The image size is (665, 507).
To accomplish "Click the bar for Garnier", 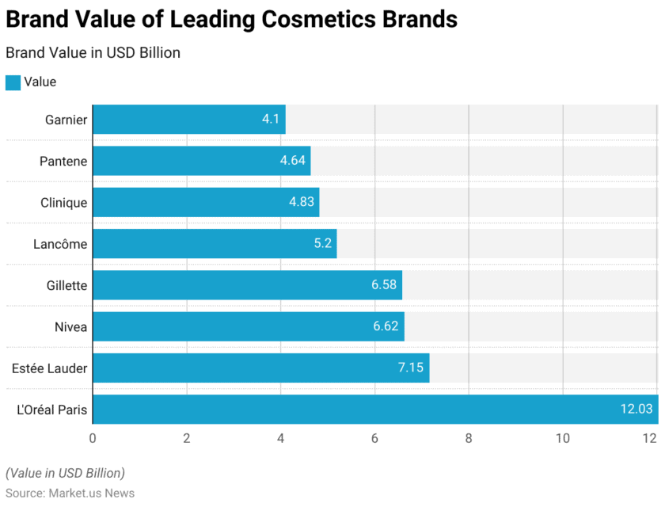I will pos(188,120).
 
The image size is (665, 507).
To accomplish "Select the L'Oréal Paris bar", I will pos(375,410).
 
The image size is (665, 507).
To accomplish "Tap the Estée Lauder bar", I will pos(260,368).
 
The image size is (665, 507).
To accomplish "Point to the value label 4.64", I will pos(293,161).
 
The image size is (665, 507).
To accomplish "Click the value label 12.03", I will pos(636,410).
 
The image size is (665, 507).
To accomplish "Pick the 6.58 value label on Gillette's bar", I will pos(384,285).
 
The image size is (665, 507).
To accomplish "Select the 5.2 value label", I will pos(322,244).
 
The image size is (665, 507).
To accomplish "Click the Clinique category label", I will pos(63,203).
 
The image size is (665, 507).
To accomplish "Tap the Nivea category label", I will pos(70,326).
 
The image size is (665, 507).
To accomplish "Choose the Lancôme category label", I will pos(60,244).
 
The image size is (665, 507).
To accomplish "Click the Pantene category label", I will pos(63,162).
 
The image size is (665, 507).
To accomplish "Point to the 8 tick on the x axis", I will pos(469,438).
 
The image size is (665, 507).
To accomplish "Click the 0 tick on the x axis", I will pos(93,438).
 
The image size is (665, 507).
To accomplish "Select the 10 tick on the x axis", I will pos(563,438).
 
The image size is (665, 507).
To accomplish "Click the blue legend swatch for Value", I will pos(13,82).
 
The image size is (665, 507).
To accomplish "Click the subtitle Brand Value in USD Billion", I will pos(93,53).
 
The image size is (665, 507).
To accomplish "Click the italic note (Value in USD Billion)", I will pos(65,473).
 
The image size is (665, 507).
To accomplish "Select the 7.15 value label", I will pos(410,368).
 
